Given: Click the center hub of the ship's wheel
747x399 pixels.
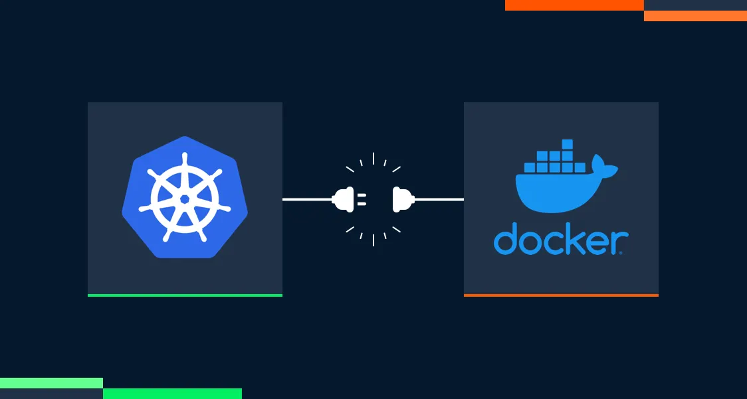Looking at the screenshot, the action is [x=185, y=199].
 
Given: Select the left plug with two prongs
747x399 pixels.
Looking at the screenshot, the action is [x=346, y=199].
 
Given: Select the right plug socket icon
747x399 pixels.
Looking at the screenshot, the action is [x=401, y=199].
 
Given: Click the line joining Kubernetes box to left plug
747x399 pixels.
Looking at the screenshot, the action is [x=306, y=199].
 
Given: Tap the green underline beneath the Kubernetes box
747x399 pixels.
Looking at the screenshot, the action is [x=185, y=295].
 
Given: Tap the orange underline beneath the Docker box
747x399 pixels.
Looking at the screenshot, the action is [x=561, y=295].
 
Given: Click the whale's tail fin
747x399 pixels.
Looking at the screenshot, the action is [x=605, y=166].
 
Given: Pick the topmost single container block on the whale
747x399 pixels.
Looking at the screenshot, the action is [x=567, y=144].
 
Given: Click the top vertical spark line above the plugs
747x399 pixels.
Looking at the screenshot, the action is [x=374, y=158].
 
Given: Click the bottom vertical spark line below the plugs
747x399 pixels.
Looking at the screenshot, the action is [x=374, y=240].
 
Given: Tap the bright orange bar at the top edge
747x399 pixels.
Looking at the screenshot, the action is [x=574, y=5].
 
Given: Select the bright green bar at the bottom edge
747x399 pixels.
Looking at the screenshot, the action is [x=172, y=394].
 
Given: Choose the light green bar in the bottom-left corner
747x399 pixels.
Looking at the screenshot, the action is [x=51, y=382].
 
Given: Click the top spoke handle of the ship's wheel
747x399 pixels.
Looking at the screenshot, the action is [x=185, y=163].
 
